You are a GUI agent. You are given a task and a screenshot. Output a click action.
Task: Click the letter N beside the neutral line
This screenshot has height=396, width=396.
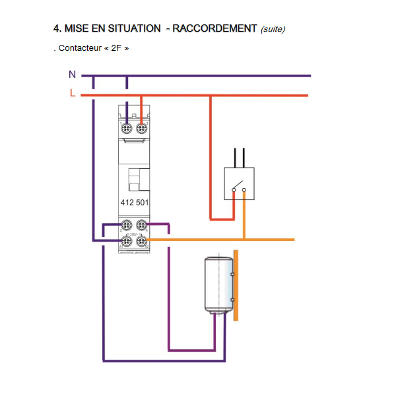[x=72, y=74]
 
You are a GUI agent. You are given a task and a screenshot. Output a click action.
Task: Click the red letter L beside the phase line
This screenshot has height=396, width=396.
[x=73, y=93]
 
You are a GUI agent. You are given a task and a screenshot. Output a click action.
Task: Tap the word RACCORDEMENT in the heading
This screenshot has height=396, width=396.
[x=214, y=28]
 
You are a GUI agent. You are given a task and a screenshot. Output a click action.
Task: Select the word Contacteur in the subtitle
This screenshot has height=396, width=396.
[x=80, y=48]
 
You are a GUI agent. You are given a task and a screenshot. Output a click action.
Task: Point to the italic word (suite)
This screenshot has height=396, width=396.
[x=273, y=29]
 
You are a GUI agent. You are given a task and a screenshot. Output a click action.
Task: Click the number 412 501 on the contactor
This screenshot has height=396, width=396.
[x=135, y=203]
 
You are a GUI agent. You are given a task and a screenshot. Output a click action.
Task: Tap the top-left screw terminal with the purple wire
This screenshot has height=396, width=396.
[x=126, y=128]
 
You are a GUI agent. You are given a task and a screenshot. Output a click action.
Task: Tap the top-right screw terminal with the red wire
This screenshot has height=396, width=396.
[x=141, y=128]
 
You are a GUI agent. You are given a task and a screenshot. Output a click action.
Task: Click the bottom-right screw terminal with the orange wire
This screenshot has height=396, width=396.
[x=141, y=240]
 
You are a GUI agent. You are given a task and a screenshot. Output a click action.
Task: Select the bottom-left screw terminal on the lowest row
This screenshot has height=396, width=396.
[x=127, y=240]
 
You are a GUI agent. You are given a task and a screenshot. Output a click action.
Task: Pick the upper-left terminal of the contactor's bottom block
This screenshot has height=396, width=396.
[x=127, y=225]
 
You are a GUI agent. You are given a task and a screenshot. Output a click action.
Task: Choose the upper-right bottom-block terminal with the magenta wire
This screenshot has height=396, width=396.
[x=141, y=225]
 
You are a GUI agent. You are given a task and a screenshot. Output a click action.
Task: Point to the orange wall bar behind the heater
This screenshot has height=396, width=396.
[x=236, y=285]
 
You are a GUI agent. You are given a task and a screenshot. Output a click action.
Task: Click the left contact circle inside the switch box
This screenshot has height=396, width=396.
[x=234, y=190]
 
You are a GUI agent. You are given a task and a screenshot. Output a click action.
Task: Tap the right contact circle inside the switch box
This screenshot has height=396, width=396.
[x=244, y=190]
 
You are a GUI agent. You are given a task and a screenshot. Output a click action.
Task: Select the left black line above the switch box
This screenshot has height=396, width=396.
[x=235, y=158]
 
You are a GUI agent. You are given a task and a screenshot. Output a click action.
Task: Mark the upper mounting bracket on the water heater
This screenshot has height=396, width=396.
[x=232, y=275]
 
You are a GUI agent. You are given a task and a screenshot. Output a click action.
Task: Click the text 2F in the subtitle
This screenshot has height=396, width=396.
[x=116, y=48]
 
